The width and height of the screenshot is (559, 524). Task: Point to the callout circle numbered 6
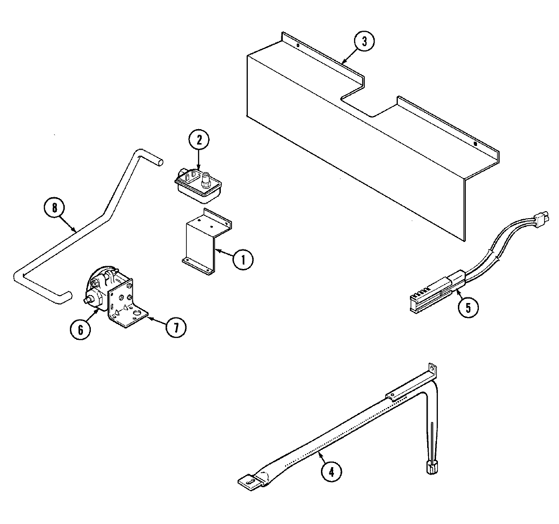[81, 329]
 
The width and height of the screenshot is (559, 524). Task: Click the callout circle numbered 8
[55, 208]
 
